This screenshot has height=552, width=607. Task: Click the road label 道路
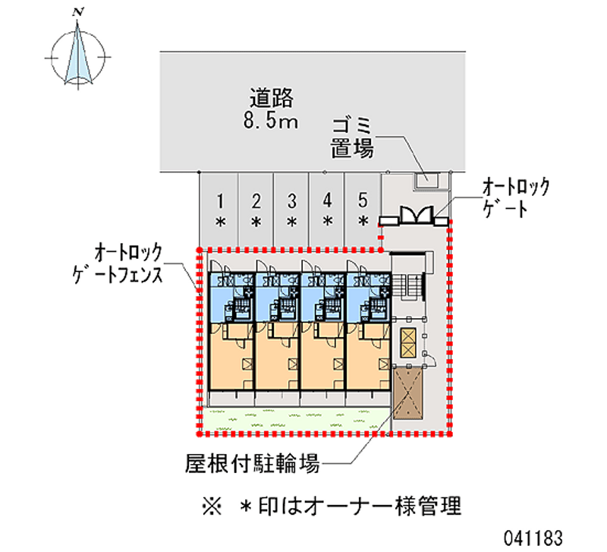coord(272,98)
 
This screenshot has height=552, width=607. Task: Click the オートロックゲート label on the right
coord(515,198)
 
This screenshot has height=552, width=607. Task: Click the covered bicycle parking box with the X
coord(407,390)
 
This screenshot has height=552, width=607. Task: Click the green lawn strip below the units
coord(296,418)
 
